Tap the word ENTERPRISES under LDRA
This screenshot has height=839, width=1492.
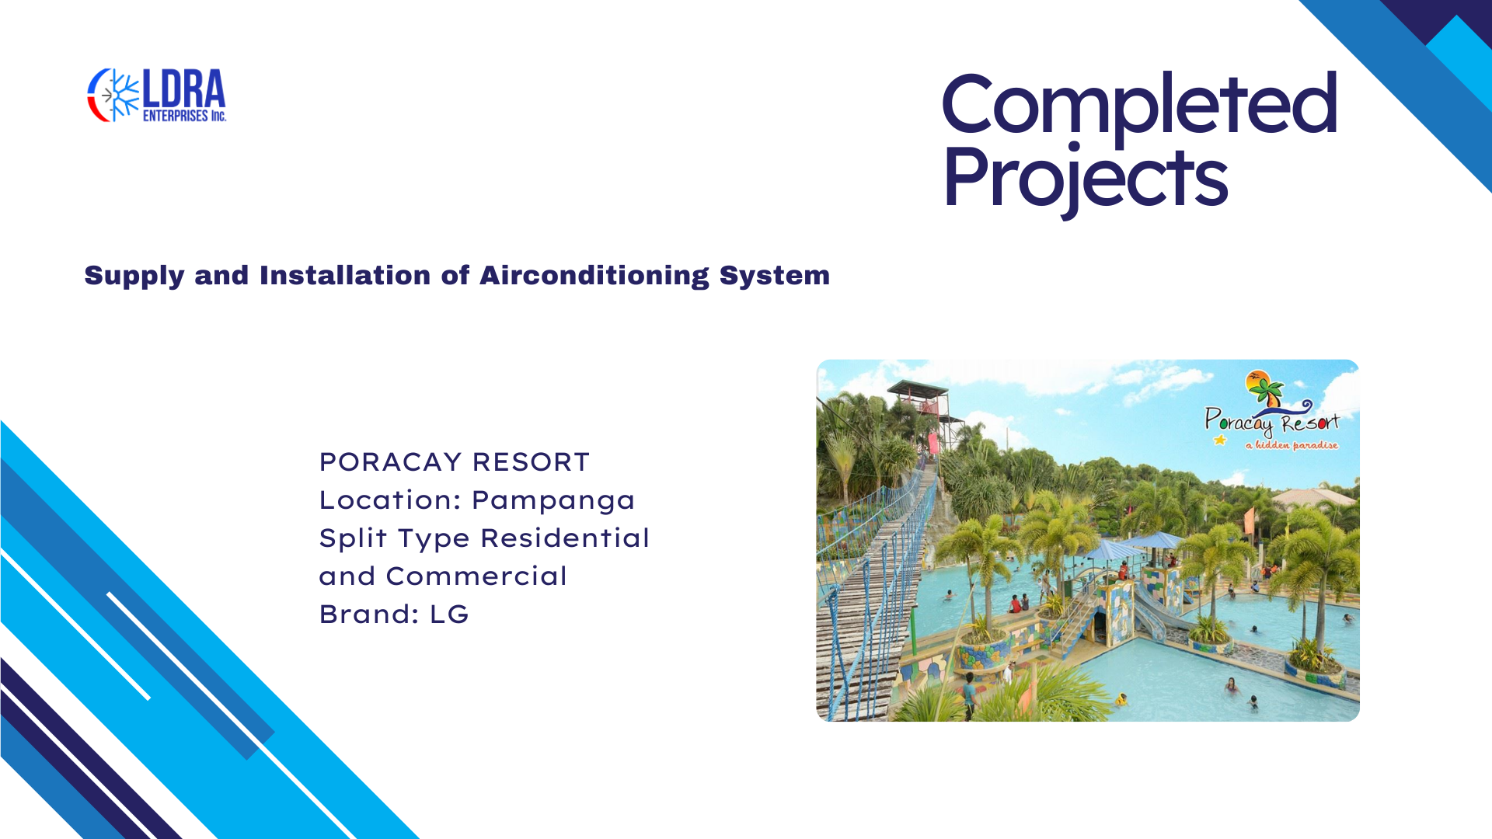[x=176, y=116]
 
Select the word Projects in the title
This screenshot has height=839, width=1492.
[x=1086, y=179]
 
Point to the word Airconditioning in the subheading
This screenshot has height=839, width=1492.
[x=594, y=276]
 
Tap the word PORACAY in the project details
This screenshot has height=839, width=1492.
[x=391, y=462]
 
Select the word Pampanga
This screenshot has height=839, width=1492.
[x=553, y=501]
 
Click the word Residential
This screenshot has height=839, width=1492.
[x=565, y=538]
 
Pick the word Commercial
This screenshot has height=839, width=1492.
[x=476, y=576]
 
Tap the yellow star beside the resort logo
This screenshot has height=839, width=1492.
[x=1220, y=440]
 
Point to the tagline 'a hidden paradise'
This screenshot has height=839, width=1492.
[x=1292, y=445]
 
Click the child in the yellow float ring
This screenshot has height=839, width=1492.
[x=1121, y=700]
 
